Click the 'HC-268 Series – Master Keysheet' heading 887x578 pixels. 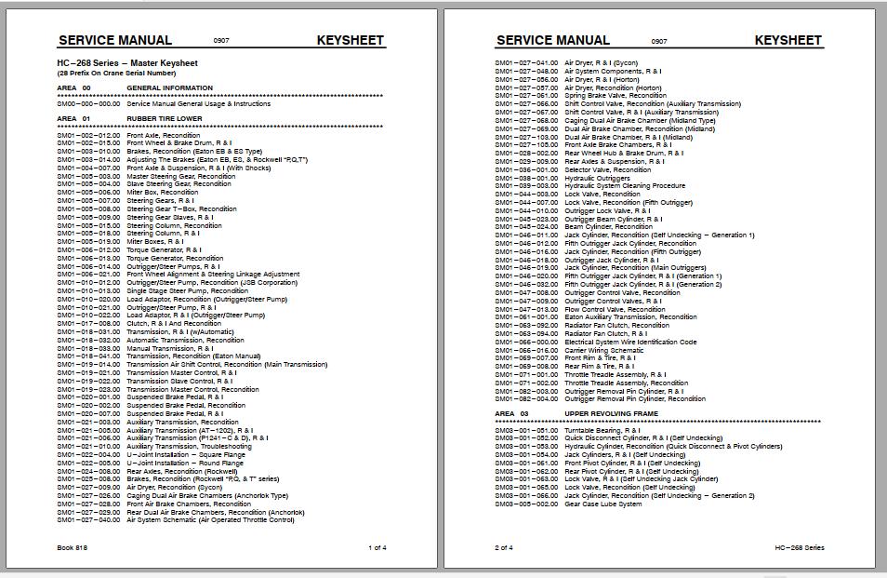click(126, 63)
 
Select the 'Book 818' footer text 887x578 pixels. click(72, 547)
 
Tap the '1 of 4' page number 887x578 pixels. click(377, 547)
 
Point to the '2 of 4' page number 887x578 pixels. click(503, 547)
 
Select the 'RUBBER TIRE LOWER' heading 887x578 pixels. click(165, 119)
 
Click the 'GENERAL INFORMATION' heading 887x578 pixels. click(169, 88)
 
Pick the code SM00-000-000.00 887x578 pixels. click(88, 104)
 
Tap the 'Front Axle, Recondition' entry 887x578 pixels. click(163, 136)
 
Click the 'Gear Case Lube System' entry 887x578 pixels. click(602, 504)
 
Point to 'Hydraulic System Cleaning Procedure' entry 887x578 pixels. click(625, 185)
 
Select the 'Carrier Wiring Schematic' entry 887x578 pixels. click(603, 350)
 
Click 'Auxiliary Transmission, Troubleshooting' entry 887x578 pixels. click(189, 447)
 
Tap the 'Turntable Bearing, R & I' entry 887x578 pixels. click(602, 430)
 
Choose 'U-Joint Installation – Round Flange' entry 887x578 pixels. click(184, 463)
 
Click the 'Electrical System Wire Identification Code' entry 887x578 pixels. click(630, 342)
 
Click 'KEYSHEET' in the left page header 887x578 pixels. click(350, 40)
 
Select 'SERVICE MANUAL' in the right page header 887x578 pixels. click(553, 40)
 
